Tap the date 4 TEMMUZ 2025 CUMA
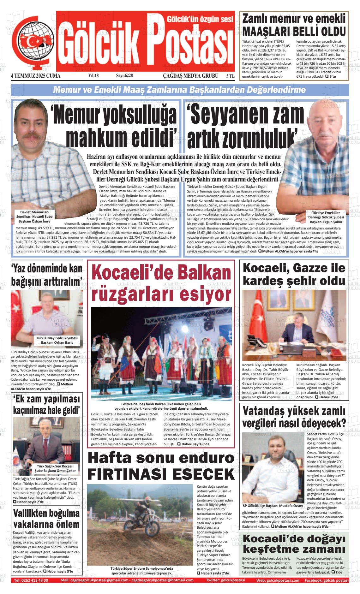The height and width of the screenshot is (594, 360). click(35, 76)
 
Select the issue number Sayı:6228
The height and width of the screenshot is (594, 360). click(124, 76)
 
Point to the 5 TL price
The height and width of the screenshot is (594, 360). click(230, 76)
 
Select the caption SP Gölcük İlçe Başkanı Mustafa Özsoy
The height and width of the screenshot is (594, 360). click(273, 505)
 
